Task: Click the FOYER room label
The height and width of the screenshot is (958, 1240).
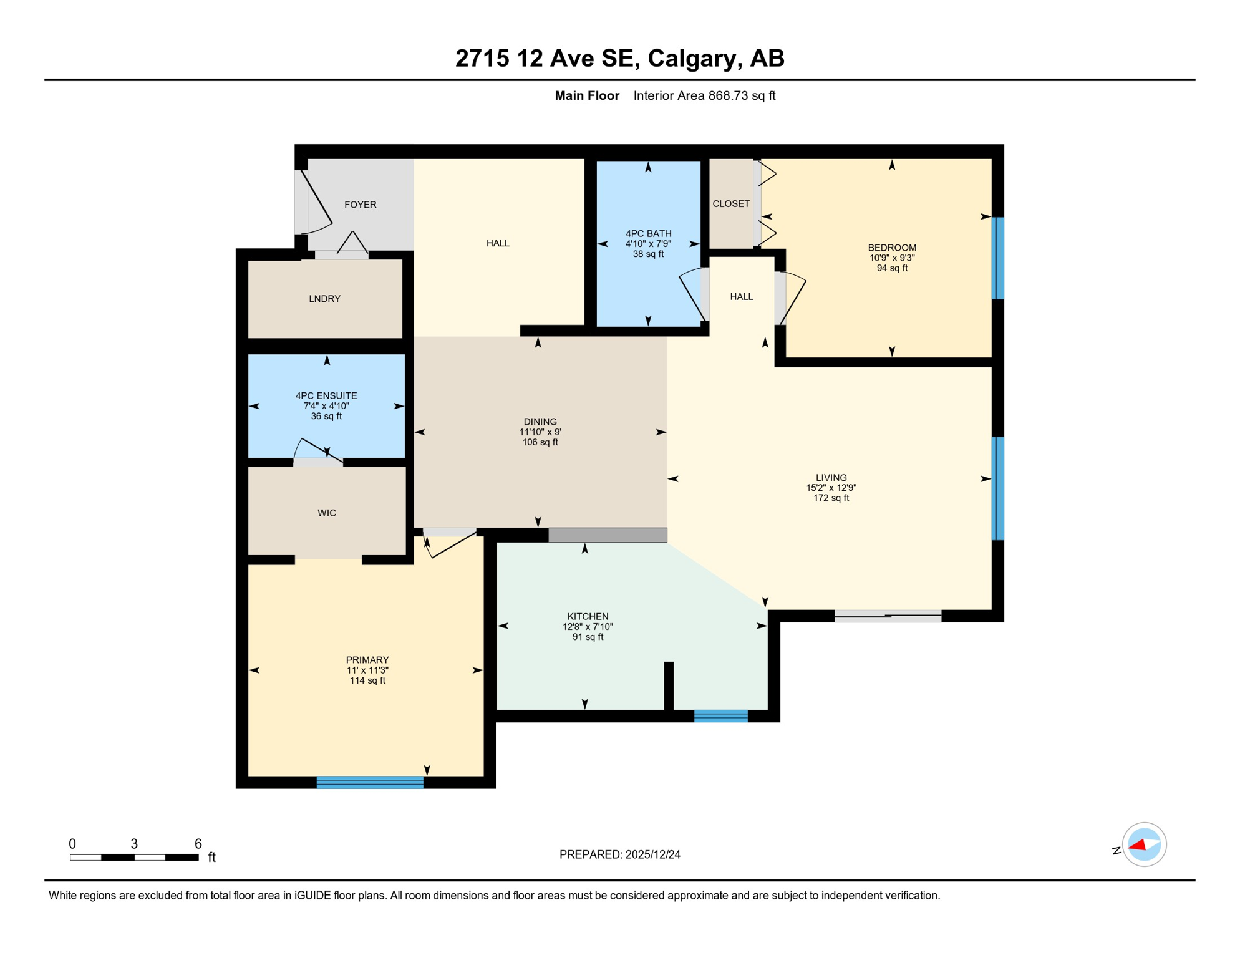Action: click(360, 205)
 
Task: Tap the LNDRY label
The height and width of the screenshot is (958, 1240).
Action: click(324, 299)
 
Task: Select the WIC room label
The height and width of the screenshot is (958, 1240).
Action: click(327, 513)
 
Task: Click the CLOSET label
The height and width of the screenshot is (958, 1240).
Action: click(731, 204)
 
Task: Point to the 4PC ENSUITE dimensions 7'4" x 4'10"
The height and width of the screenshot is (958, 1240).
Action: click(326, 406)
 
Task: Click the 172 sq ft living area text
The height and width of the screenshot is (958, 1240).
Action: click(831, 498)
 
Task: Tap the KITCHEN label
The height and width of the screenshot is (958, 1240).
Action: click(588, 616)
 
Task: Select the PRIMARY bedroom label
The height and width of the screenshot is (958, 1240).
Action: click(367, 660)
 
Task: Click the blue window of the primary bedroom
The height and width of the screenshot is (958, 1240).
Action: click(370, 782)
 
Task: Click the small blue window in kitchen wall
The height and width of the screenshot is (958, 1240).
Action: click(720, 716)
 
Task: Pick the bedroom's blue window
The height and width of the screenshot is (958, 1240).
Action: click(997, 258)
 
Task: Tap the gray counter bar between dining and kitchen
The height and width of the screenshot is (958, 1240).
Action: click(608, 535)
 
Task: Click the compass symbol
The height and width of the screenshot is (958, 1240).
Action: click(1143, 844)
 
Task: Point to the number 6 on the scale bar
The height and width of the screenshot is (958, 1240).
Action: click(198, 844)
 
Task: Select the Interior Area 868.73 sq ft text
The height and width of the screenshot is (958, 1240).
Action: click(704, 95)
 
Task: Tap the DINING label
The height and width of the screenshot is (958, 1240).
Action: click(540, 422)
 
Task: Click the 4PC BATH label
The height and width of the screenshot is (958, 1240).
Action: click(648, 233)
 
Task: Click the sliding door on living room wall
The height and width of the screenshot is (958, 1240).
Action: click(888, 616)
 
